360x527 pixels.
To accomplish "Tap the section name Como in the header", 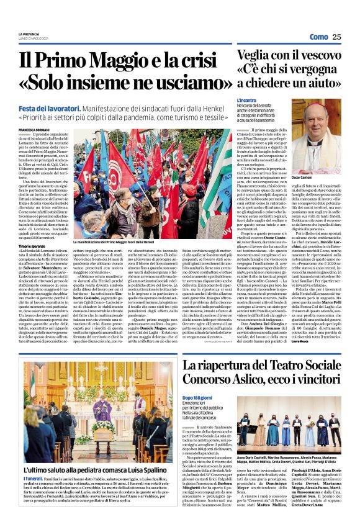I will click(x=318, y=37).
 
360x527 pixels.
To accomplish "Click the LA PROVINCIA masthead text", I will click(x=29, y=35).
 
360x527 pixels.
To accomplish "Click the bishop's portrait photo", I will click(x=324, y=136).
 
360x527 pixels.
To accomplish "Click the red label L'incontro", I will click(x=246, y=99).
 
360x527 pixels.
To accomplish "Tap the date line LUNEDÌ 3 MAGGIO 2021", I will click(x=32, y=39).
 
